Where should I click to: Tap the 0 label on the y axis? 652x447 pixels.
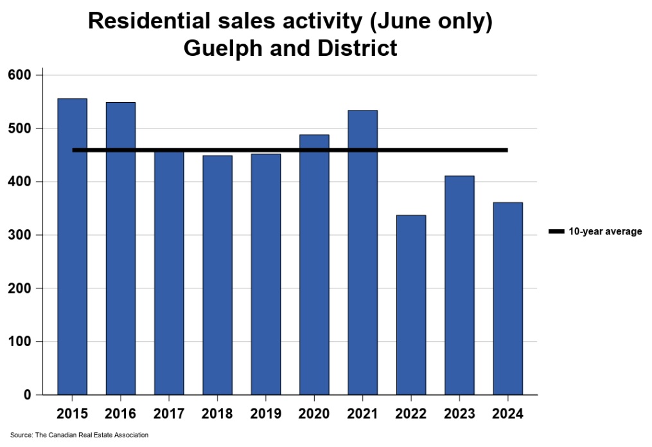[x=28, y=395]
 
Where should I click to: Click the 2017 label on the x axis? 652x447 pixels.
[x=169, y=414]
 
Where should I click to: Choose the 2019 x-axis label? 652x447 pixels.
[x=266, y=414]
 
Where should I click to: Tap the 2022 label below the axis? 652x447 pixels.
[x=411, y=414]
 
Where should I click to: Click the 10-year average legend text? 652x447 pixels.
[x=605, y=232]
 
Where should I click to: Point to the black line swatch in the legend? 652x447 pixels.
[x=556, y=232]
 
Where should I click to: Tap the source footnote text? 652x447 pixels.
[x=79, y=435]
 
